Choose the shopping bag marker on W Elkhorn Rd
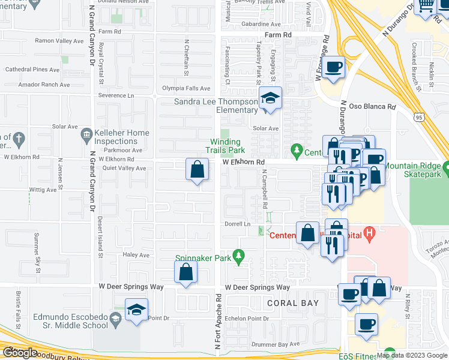point(196,170)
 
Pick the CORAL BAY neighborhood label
point(293,303)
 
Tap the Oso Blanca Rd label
point(373,107)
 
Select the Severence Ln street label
point(121,95)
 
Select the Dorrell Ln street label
point(237,224)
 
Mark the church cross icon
point(19,138)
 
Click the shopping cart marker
point(426,7)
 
